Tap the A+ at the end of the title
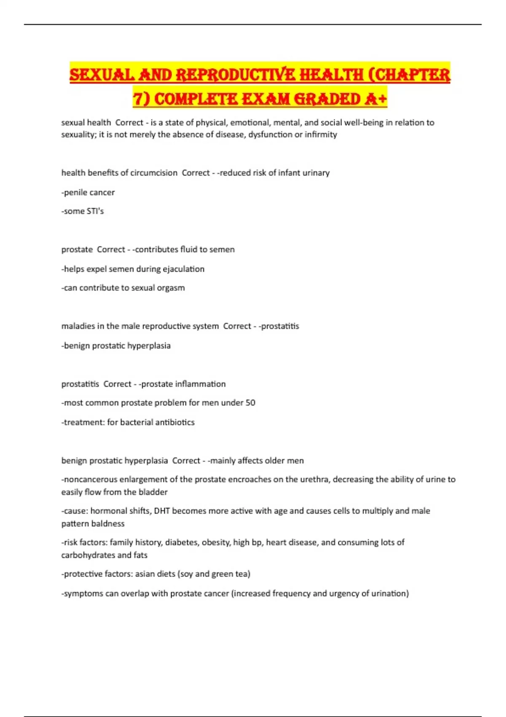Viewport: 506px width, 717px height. click(x=374, y=99)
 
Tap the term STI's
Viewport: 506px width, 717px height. click(x=95, y=211)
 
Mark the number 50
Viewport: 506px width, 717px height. click(x=250, y=403)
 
